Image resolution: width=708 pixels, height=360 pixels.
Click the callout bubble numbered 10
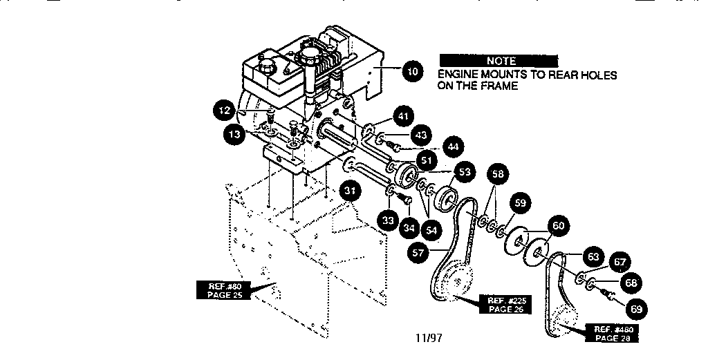412,71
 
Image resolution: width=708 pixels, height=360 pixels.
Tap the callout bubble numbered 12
225,111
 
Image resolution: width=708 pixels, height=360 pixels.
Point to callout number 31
350,191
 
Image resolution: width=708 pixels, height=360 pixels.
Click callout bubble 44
453,146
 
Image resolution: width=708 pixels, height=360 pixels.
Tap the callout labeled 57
418,253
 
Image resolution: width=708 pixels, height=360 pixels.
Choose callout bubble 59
520,203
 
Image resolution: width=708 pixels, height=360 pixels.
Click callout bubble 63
593,256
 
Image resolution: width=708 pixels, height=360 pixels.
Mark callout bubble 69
636,309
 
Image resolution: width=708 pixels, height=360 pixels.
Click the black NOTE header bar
499,61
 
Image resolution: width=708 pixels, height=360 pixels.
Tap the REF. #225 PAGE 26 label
507,305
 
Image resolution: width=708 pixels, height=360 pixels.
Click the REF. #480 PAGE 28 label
613,333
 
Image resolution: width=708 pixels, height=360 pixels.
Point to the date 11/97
429,337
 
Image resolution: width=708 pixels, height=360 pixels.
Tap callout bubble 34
409,228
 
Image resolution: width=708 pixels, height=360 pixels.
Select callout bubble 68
631,283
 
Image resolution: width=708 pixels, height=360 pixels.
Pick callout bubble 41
403,116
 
